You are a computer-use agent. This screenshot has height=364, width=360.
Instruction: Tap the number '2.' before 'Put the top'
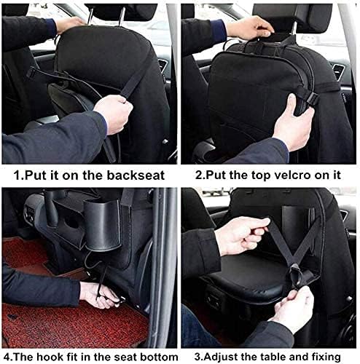pos(199,175)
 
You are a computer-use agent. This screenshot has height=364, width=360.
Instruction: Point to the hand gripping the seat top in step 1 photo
pos(71,24)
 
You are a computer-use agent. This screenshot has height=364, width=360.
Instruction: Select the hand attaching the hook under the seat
pos(101,295)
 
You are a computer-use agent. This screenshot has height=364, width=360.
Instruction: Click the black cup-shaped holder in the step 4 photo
pos(103,226)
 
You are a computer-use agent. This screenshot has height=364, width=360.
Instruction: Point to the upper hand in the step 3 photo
pos(243,237)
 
